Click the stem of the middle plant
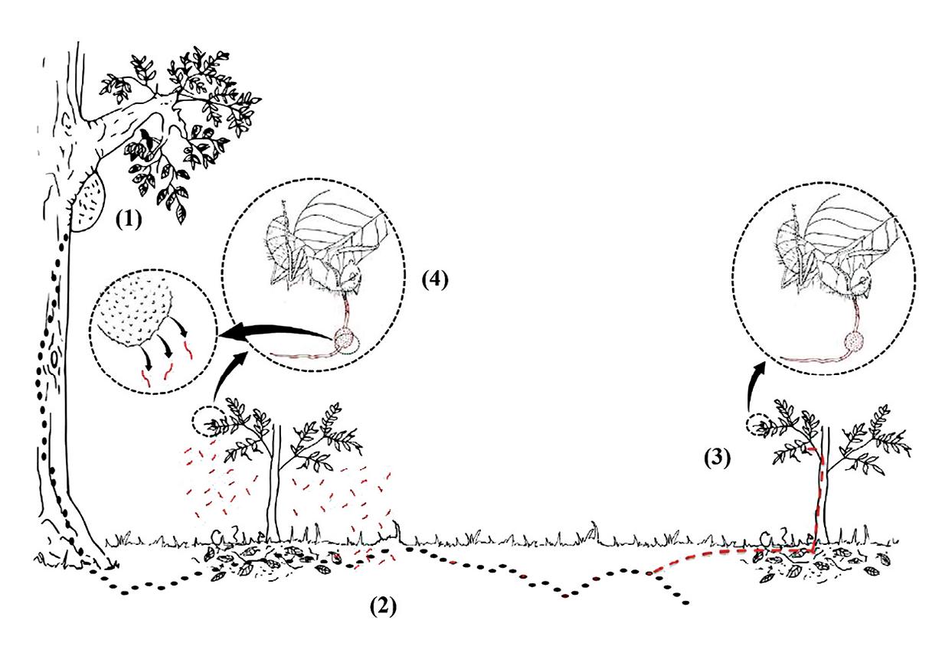click(273, 490)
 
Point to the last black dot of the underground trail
click(685, 603)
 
